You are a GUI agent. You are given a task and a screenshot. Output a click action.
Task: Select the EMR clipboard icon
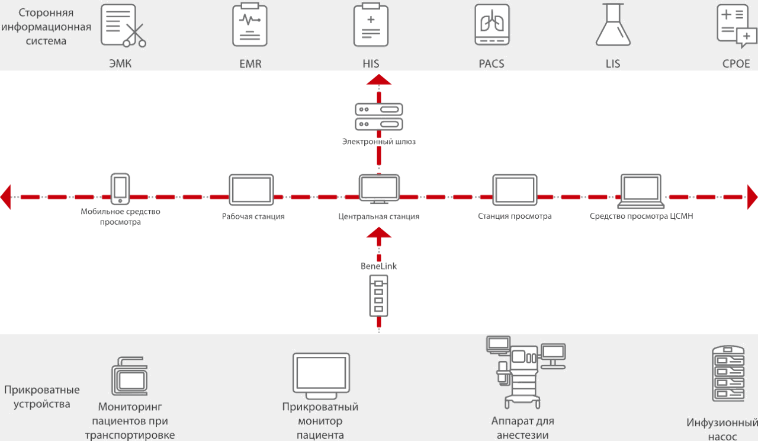point(249,25)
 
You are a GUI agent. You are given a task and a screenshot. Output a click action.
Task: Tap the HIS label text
point(371,63)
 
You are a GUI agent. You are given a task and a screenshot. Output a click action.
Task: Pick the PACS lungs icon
point(492,25)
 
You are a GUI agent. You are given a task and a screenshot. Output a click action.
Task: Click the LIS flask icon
point(612,25)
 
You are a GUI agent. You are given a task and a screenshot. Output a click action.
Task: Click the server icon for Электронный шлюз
point(378,117)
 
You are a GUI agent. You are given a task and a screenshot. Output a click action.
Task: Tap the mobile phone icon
point(120,188)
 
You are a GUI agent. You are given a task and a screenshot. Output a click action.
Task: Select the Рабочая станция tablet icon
point(251,190)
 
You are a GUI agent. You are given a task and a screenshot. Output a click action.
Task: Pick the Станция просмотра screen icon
point(515,190)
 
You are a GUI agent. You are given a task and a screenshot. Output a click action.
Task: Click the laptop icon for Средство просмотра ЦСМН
point(641,191)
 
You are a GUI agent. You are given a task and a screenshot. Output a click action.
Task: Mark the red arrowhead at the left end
point(5,197)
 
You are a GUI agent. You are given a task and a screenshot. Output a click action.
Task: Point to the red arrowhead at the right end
point(752,197)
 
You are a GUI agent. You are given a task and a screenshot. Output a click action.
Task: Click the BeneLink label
point(378,266)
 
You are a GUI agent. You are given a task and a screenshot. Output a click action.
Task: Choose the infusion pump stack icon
point(728,374)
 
